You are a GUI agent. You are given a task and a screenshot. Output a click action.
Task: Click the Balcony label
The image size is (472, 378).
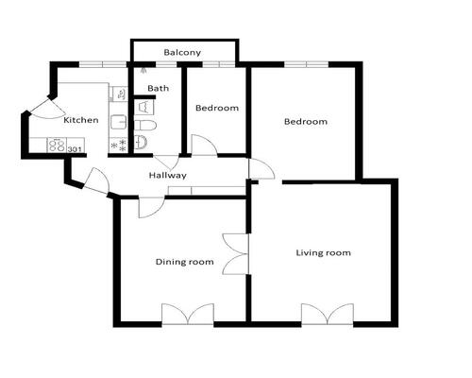pyautogui.click(x=182, y=52)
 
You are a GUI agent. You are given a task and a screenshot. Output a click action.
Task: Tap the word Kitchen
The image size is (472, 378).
pyautogui.click(x=81, y=120)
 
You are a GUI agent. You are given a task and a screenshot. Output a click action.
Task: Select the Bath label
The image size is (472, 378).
pyautogui.click(x=158, y=88)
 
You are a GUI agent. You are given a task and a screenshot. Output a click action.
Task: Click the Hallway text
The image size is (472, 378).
pyautogui.click(x=167, y=175)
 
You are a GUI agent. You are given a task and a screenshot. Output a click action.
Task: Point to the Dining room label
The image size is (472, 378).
pyautogui.click(x=185, y=262)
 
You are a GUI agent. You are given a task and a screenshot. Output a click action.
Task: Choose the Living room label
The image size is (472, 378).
pyautogui.click(x=324, y=252)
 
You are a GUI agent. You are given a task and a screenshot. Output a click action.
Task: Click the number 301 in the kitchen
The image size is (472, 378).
pyautogui.click(x=75, y=149)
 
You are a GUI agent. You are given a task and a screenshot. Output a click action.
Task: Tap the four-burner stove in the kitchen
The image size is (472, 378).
pyautogui.click(x=57, y=146)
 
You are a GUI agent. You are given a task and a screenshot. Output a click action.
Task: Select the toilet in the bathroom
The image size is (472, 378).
pyautogui.click(x=145, y=125)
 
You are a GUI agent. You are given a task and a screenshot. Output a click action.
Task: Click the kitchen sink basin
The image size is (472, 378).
pyautogui.click(x=119, y=122)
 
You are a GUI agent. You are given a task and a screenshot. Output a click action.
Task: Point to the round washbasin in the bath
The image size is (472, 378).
pyautogui.click(x=141, y=143)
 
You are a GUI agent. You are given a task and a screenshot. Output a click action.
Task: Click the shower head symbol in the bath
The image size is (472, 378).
pyautogui.click(x=144, y=70)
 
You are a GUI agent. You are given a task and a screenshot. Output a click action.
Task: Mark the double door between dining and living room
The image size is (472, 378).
pyautogui.click(x=236, y=254)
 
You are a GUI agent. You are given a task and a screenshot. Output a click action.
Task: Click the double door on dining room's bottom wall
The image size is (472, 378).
pyautogui.click(x=188, y=314)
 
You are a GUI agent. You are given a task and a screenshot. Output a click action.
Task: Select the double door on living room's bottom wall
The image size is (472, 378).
pyautogui.click(x=328, y=314)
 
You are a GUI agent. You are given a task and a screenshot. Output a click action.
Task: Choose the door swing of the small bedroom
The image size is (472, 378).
pyautogui.click(x=204, y=145)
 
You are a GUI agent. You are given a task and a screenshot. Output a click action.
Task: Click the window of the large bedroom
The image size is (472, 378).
pyautogui.click(x=307, y=64)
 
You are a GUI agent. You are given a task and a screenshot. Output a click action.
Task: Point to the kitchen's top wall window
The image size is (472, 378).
pyautogui.click(x=103, y=64)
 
